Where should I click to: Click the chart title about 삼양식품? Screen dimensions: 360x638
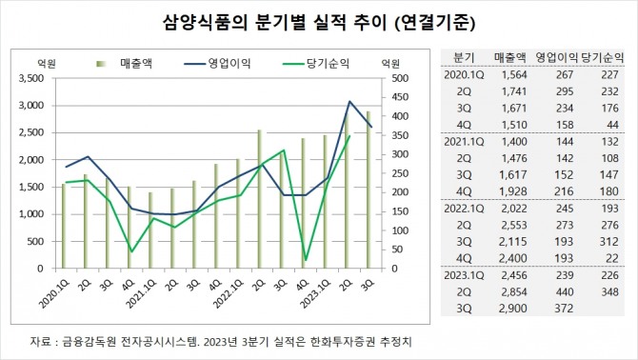318,20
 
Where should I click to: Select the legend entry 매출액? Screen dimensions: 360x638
144,63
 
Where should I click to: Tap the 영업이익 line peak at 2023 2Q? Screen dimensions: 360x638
349,101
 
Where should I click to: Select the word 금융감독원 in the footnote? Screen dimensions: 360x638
88,340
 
